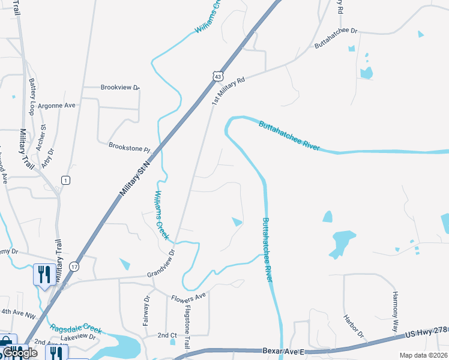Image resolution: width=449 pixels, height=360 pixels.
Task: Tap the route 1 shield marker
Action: point(65,180)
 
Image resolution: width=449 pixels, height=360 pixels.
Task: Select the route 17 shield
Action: point(74,266)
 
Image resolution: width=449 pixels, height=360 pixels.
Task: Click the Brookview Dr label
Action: point(120,88)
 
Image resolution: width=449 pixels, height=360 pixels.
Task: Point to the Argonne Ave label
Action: point(56,105)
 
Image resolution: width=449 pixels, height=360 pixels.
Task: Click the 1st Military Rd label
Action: point(229,91)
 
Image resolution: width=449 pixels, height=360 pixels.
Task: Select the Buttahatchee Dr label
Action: point(336,38)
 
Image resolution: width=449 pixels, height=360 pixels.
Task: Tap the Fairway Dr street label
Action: point(146,311)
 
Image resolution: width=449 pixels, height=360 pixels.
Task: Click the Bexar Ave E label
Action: point(284,350)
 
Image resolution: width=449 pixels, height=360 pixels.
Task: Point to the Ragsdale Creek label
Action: point(76,329)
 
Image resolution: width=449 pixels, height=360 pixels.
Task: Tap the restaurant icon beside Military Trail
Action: point(42,275)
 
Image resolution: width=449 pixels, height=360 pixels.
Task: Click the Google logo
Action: point(20,353)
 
